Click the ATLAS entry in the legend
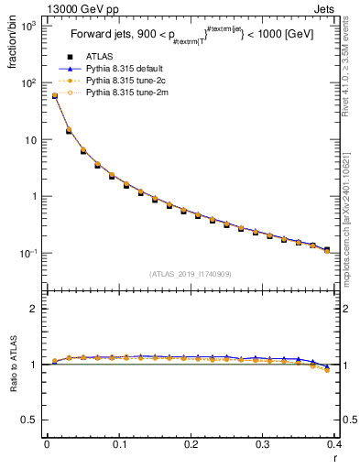pyautogui.click(x=98, y=57)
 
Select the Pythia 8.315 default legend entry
pyautogui.click(x=122, y=69)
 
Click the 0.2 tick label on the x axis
pyautogui.click(x=191, y=444)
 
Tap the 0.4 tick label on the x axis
pyautogui.click(x=333, y=444)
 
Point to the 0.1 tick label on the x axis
pyautogui.click(x=118, y=444)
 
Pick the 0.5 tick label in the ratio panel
pyautogui.click(x=29, y=420)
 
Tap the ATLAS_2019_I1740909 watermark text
pyautogui.click(x=191, y=274)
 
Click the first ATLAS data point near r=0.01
pyautogui.click(x=54, y=96)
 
